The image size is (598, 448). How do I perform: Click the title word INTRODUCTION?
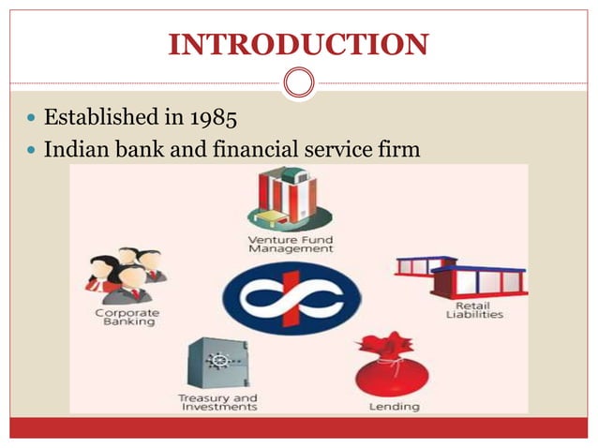click(298, 44)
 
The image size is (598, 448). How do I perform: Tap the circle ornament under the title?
click(299, 83)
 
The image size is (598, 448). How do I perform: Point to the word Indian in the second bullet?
click(78, 148)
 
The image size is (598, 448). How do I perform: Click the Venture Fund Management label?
click(291, 246)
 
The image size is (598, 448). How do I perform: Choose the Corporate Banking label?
click(127, 319)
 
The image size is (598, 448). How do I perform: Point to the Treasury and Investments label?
click(217, 403)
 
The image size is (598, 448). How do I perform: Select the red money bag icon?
click(392, 366)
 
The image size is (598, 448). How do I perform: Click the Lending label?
click(394, 407)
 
